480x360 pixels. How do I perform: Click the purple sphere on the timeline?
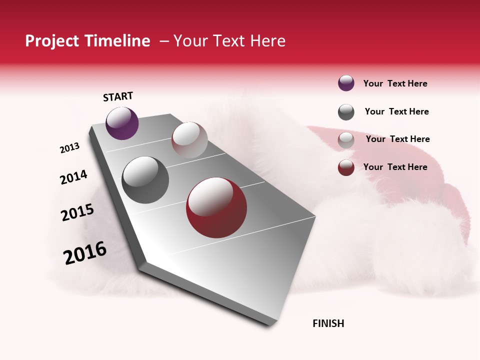122,123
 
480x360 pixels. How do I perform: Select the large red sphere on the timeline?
216,207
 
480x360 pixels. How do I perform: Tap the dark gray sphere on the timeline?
145,180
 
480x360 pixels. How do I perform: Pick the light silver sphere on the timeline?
189,139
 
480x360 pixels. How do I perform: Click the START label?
118,96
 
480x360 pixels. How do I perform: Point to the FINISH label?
328,323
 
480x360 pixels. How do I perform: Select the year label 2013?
69,148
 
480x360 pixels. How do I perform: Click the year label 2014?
73,177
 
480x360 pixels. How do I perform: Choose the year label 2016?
85,253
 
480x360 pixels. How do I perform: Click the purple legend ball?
346,83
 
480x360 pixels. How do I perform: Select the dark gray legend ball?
346,112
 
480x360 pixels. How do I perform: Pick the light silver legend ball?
346,140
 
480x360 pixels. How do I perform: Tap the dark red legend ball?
346,167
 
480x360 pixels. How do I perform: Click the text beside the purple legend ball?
395,83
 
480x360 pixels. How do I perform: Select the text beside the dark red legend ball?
395,167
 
